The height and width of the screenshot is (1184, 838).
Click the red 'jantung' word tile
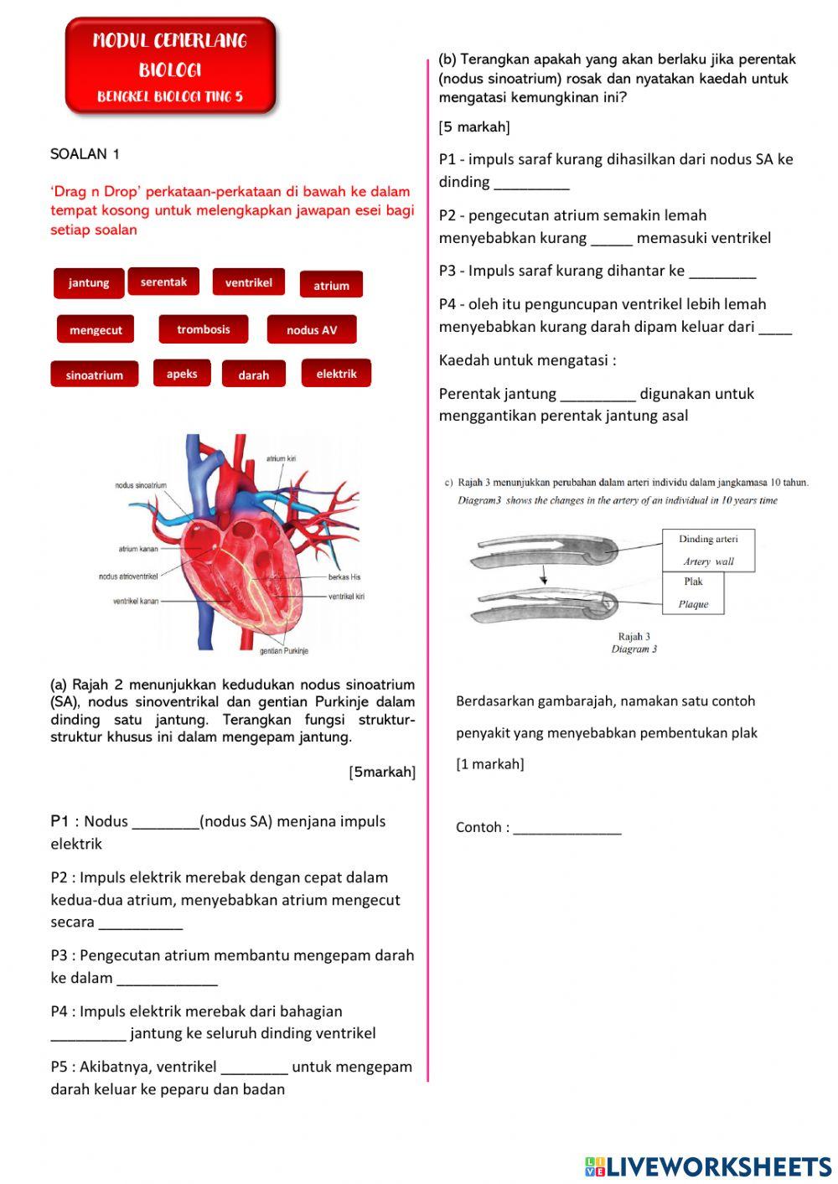(x=89, y=283)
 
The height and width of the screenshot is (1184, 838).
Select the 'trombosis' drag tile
(x=204, y=329)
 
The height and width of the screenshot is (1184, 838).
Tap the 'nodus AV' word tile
(x=312, y=330)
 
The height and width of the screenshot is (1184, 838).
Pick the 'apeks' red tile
(x=182, y=374)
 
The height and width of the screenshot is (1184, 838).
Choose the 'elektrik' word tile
(x=336, y=374)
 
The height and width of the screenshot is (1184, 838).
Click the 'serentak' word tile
(x=163, y=282)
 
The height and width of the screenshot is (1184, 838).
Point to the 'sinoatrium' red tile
(x=95, y=375)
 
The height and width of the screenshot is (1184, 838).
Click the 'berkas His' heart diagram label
(x=344, y=577)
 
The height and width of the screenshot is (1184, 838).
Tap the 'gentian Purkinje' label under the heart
(x=284, y=651)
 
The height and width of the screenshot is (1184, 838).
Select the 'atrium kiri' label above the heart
(x=282, y=459)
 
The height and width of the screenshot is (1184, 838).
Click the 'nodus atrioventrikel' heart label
(x=128, y=576)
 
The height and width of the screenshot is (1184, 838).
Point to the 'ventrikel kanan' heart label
(x=136, y=601)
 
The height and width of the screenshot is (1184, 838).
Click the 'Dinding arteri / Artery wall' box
(x=708, y=551)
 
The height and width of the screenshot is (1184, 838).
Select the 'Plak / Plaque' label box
(x=693, y=593)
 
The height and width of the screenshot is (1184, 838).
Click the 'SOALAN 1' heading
(x=85, y=154)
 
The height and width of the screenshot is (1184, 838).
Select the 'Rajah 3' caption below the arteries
(x=634, y=637)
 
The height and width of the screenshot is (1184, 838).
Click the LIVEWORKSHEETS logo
(x=708, y=1166)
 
